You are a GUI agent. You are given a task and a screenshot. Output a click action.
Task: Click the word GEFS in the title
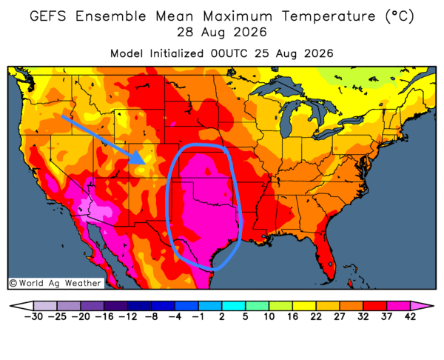click(x=48, y=16)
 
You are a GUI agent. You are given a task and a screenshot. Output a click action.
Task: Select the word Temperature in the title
click(x=329, y=16)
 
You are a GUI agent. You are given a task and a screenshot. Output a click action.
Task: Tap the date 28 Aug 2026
click(x=222, y=32)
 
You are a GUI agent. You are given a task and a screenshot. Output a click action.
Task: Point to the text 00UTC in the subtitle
click(x=229, y=53)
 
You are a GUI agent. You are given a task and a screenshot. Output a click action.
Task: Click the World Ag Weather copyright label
click(x=55, y=283)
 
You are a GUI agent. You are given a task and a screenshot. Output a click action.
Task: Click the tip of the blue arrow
click(x=146, y=164)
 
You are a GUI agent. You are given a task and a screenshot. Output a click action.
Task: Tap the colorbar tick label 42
click(x=410, y=316)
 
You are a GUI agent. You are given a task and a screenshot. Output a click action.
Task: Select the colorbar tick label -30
click(x=33, y=316)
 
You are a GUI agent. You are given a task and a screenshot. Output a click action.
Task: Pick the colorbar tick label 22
click(x=316, y=316)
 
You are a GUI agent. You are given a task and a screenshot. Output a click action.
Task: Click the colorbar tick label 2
click(x=222, y=316)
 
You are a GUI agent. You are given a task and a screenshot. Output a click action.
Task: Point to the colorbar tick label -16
click(x=104, y=316)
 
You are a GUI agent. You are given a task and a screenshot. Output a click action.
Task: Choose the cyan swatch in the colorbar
click(x=233, y=306)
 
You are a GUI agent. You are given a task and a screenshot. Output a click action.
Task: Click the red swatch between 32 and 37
click(x=374, y=306)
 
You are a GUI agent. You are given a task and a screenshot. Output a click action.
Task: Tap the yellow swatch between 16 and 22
click(x=304, y=306)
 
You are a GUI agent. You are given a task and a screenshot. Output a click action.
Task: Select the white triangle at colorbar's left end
click(x=21, y=306)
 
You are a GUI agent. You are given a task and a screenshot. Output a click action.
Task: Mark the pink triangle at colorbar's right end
click(x=422, y=306)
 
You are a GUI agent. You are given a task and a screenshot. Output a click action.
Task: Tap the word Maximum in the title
click(x=238, y=16)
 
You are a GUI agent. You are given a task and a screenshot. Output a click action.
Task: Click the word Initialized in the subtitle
click(x=176, y=53)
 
